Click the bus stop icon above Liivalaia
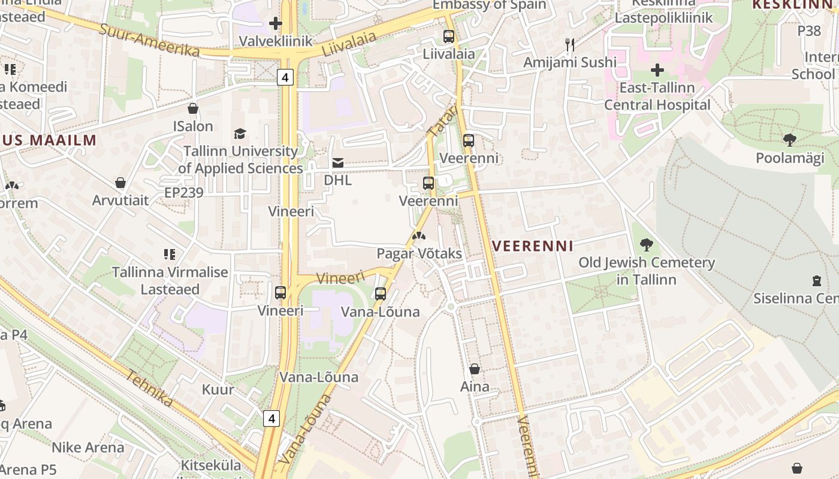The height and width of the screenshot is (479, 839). tap(448, 36)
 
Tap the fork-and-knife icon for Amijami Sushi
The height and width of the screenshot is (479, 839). tap(570, 44)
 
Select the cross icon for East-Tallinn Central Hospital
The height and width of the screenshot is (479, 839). tap(657, 69)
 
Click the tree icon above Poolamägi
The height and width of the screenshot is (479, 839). tap(789, 140)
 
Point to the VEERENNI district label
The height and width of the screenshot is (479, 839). tap(533, 245)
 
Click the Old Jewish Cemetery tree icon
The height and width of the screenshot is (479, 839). tap(646, 244)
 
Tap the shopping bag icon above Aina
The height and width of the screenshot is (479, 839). tap(475, 369)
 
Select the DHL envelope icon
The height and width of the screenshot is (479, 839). tap(338, 163)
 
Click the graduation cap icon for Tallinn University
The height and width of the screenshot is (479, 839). tap(240, 134)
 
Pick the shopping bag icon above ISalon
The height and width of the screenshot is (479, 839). tap(193, 108)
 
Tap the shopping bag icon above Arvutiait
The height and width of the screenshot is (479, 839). tap(120, 183)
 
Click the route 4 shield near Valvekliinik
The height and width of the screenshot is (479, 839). tap(285, 77)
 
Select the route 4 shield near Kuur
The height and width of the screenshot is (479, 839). tap(271, 418)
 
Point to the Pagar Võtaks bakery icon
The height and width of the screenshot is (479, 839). tap(418, 236)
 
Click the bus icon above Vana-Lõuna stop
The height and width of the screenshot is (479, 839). tap(380, 293)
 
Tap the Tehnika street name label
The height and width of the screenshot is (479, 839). tap(149, 388)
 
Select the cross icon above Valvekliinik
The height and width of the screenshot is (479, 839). tap(275, 23)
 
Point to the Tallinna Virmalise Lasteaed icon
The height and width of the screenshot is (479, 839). tap(170, 254)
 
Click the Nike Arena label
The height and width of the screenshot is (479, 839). tap(87, 447)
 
